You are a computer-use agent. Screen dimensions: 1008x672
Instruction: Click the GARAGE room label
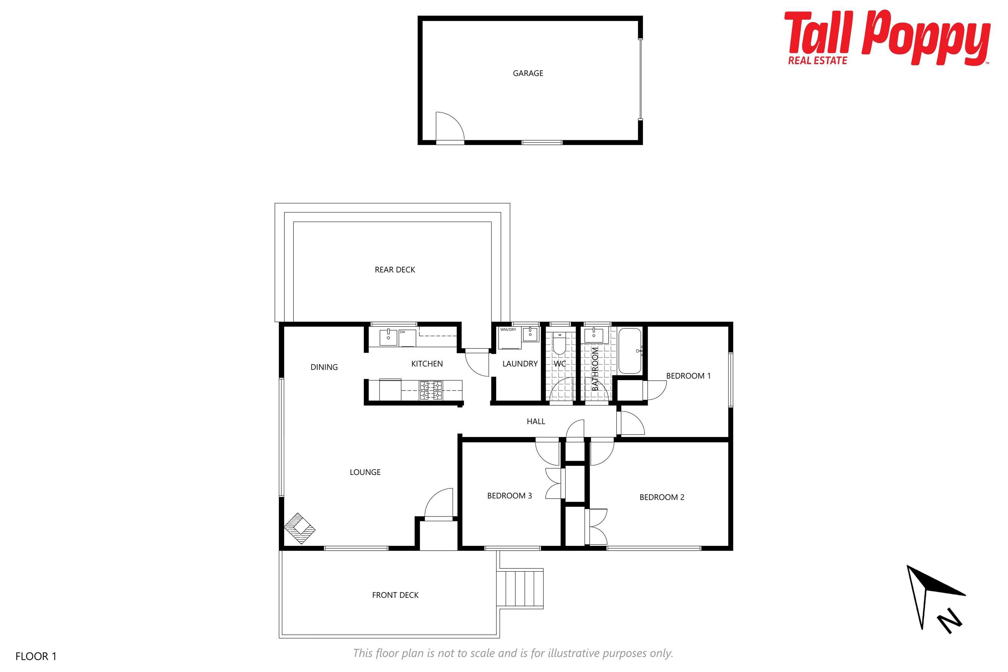(528, 73)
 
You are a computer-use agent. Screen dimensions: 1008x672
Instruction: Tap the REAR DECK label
(395, 270)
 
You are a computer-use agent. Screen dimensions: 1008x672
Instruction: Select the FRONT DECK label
(395, 595)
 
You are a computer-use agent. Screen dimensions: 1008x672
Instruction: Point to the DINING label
(324, 367)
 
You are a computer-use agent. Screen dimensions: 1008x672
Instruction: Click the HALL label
(536, 421)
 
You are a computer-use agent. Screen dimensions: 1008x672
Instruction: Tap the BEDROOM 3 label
(509, 495)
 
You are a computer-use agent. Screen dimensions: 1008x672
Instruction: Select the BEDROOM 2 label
(662, 497)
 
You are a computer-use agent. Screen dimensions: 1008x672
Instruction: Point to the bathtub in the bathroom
(629, 351)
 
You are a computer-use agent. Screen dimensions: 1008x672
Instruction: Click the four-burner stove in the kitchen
(431, 390)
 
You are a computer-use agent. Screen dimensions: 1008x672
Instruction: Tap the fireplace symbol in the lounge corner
(300, 528)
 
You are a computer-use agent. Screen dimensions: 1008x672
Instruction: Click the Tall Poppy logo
(887, 38)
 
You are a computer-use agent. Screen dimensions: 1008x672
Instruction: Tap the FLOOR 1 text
(36, 656)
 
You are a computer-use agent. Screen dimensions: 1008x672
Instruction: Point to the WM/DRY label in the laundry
(508, 330)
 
